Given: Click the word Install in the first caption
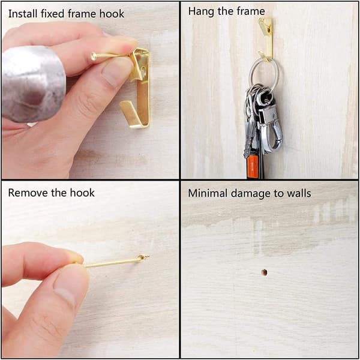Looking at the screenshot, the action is (x=23, y=14).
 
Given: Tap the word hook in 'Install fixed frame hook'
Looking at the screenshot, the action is (x=112, y=14).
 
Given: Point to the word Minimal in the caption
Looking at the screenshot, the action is (x=208, y=193).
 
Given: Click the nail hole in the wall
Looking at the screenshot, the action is (x=264, y=272).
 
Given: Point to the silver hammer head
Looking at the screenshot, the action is (x=33, y=84).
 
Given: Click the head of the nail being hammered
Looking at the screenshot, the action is (x=94, y=56).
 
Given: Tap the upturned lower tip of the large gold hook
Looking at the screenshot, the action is (x=124, y=104).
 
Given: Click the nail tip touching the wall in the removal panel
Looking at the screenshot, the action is (x=148, y=256).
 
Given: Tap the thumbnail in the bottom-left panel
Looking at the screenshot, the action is (x=65, y=289).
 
